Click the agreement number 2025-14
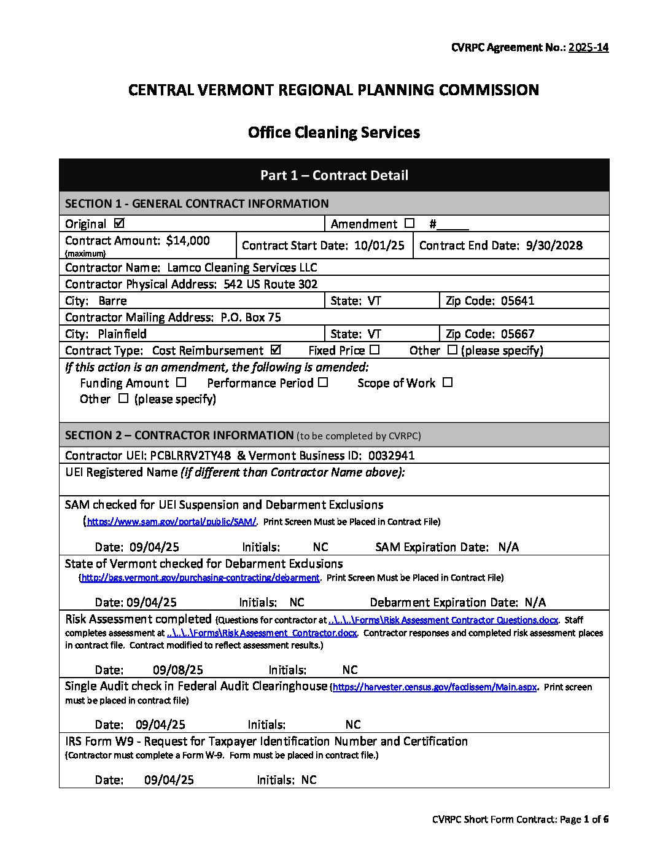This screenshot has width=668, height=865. [x=588, y=47]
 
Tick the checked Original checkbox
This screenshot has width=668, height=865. [x=120, y=223]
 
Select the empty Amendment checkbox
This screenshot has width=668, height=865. [x=410, y=223]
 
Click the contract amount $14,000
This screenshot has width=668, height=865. [x=188, y=241]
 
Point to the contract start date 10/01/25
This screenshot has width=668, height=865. [x=379, y=246]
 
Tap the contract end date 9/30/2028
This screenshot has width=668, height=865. [x=554, y=246]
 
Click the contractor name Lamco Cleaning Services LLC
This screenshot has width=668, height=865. [x=242, y=268]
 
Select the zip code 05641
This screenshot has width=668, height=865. [x=518, y=301]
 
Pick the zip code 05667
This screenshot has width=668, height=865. [x=518, y=334]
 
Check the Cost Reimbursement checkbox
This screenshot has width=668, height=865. [x=276, y=350]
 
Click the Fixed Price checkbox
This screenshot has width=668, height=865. [x=375, y=350]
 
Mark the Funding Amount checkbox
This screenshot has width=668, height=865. [x=181, y=382]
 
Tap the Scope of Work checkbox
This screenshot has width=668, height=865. [x=448, y=382]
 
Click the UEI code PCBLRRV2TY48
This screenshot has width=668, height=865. [x=190, y=456]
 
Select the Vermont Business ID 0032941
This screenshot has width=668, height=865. [x=391, y=456]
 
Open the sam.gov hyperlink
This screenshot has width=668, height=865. [x=171, y=522]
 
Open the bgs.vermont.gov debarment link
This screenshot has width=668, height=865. [x=200, y=578]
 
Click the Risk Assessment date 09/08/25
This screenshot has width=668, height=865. [x=178, y=670]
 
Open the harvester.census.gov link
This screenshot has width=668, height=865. [x=435, y=687]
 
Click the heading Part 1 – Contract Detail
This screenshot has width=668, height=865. [x=334, y=176]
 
